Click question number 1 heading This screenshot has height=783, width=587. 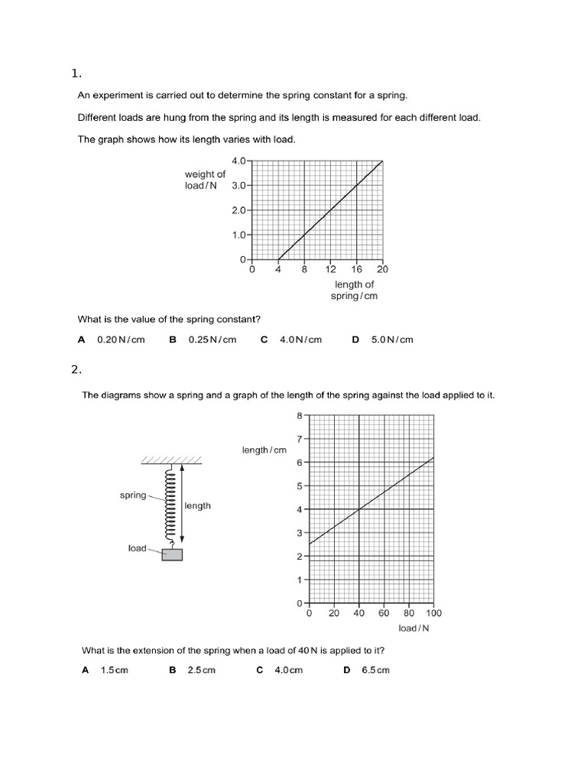tap(76, 73)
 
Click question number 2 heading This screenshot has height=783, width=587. tap(76, 369)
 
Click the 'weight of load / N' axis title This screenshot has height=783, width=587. tap(205, 180)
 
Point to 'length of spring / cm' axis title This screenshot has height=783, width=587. tap(354, 290)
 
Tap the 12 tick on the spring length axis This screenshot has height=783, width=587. tap(330, 269)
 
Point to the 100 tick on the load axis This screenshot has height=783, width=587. tap(433, 612)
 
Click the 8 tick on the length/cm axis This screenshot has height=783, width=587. tap(300, 415)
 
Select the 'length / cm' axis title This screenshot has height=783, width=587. tap(264, 450)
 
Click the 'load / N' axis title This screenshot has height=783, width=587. tap(413, 629)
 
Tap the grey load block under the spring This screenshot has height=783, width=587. tap(172, 554)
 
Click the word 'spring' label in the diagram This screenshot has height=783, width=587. tap(132, 495)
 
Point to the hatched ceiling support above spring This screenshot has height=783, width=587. tap(170, 460)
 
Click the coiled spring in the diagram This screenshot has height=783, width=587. tap(171, 505)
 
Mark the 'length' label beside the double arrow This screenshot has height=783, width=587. tap(197, 505)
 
